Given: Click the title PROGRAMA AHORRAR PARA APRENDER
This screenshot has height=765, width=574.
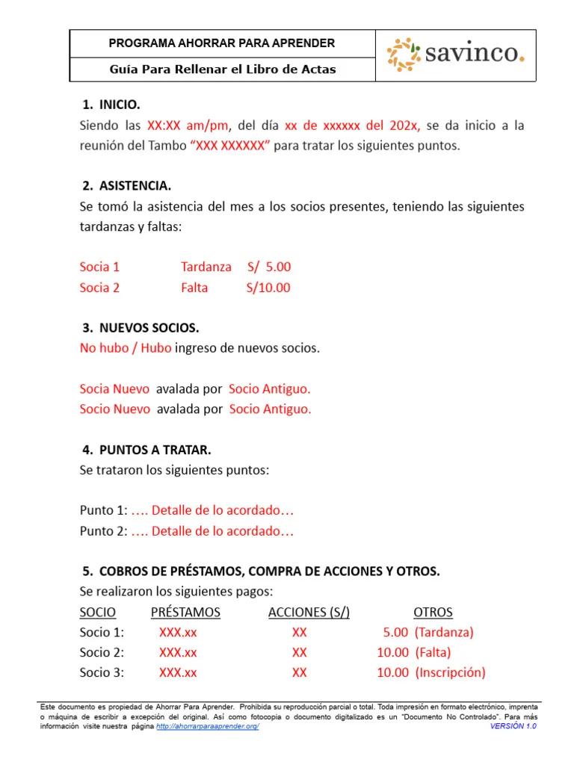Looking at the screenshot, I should (x=222, y=43).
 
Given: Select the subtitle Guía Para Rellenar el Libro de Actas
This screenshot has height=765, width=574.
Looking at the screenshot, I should (x=223, y=69).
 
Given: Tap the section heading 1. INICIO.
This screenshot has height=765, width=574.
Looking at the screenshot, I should (x=111, y=105).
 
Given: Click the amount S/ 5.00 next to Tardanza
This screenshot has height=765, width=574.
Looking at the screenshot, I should (x=269, y=267).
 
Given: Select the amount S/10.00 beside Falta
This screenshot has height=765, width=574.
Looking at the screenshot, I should (x=268, y=288).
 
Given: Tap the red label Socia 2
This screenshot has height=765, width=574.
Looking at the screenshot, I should (x=99, y=288).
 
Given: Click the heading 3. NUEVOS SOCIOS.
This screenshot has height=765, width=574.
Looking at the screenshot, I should (x=141, y=327).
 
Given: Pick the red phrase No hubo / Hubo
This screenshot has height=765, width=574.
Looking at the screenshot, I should (x=126, y=348).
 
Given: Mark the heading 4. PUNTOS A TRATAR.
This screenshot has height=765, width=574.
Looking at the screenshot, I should (x=147, y=450).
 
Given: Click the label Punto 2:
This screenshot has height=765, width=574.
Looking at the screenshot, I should (x=103, y=532).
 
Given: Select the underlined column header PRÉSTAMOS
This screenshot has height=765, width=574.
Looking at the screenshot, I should (x=185, y=612).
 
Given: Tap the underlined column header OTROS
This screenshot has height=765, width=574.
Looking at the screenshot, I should (x=433, y=612).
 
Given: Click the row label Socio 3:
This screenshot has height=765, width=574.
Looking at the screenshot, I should (x=102, y=672).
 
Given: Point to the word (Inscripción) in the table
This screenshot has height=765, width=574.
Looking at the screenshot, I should (x=450, y=672).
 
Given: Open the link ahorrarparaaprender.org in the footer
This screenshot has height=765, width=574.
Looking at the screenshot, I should (x=208, y=726).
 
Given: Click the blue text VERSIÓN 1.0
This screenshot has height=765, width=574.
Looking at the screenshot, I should (x=513, y=726).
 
